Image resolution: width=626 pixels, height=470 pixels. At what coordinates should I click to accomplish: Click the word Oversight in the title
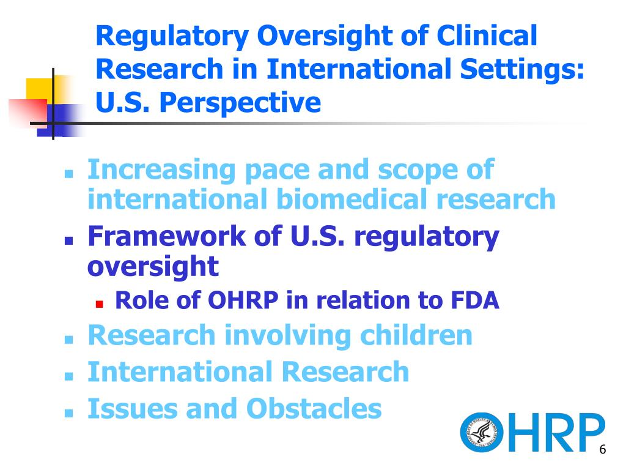click(x=324, y=36)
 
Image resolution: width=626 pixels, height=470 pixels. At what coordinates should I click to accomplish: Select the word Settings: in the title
click(x=522, y=70)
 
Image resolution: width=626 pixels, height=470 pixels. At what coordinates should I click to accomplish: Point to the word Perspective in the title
click(x=240, y=103)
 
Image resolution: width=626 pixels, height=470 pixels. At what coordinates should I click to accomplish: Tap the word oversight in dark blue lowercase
click(x=153, y=267)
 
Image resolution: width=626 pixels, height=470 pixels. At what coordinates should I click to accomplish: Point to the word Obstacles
click(x=314, y=408)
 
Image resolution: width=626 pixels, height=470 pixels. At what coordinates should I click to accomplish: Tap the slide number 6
click(x=602, y=449)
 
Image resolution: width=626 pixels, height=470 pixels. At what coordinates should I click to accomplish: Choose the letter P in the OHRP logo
click(x=589, y=432)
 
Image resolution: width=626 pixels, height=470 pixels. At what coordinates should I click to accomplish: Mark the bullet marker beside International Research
click(x=68, y=376)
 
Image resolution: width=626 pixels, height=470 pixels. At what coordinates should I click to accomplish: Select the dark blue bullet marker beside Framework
click(x=68, y=241)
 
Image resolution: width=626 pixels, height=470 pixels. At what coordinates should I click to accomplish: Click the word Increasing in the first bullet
click(x=161, y=170)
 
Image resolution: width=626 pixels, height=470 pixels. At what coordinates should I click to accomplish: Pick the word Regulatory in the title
click(x=172, y=37)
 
